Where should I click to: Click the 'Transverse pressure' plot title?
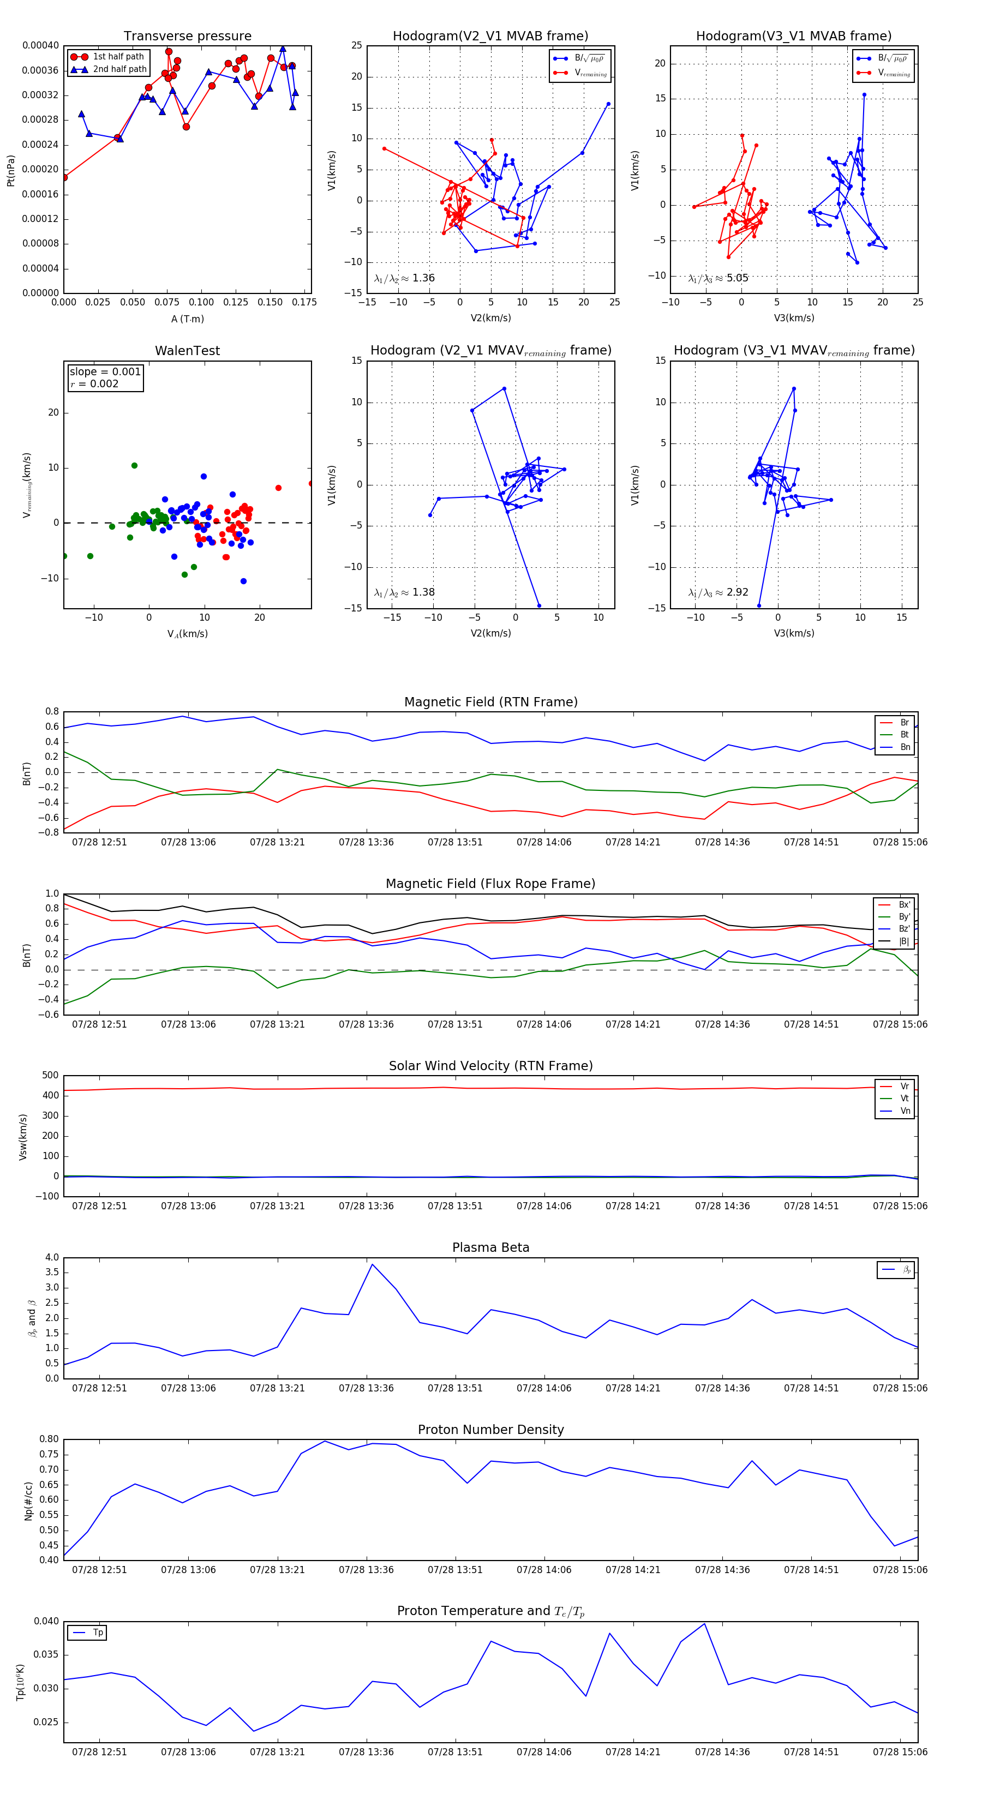point(187,37)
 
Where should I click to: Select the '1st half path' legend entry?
point(118,57)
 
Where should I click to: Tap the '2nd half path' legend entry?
point(119,69)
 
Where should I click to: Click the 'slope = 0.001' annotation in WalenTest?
point(105,372)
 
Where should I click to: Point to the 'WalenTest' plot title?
point(187,351)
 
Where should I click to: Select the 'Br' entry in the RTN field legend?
point(904,723)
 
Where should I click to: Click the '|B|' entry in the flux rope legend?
point(904,941)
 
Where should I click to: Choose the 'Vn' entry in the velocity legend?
point(905,1111)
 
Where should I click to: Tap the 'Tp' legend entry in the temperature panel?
point(98,1633)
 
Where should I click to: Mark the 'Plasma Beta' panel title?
point(490,1248)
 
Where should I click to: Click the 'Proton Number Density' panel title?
point(490,1430)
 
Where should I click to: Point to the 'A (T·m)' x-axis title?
point(187,319)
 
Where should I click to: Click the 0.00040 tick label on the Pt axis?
point(40,45)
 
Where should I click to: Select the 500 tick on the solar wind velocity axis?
point(50,1076)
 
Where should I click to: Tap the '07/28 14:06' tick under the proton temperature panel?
point(544,1752)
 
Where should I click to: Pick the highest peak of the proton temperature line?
point(704,1623)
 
